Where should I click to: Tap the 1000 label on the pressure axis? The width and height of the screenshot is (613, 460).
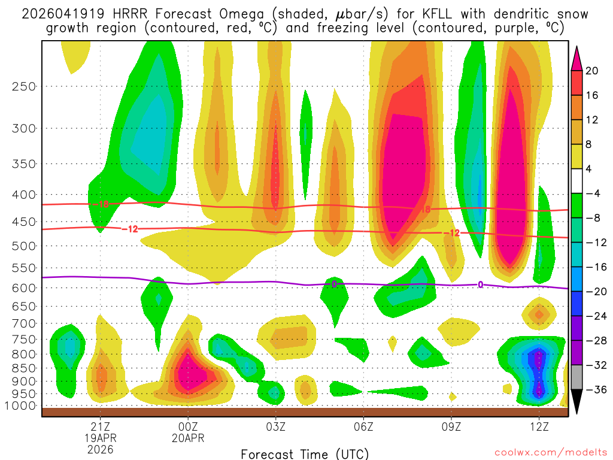click(x=20, y=406)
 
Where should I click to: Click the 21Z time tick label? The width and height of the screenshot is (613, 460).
click(x=100, y=426)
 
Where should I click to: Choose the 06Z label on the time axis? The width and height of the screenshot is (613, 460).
click(x=363, y=426)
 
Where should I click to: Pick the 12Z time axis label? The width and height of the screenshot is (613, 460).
click(x=539, y=426)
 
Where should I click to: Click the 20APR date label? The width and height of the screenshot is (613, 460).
click(x=188, y=438)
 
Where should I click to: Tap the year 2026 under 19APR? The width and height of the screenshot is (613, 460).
click(x=100, y=449)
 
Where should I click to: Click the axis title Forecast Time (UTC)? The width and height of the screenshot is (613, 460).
click(x=305, y=453)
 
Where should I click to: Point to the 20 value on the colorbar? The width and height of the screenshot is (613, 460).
click(x=592, y=71)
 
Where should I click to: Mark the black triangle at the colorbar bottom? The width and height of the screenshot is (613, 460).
click(x=576, y=402)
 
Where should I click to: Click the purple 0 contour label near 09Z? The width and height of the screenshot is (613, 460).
click(x=480, y=285)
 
